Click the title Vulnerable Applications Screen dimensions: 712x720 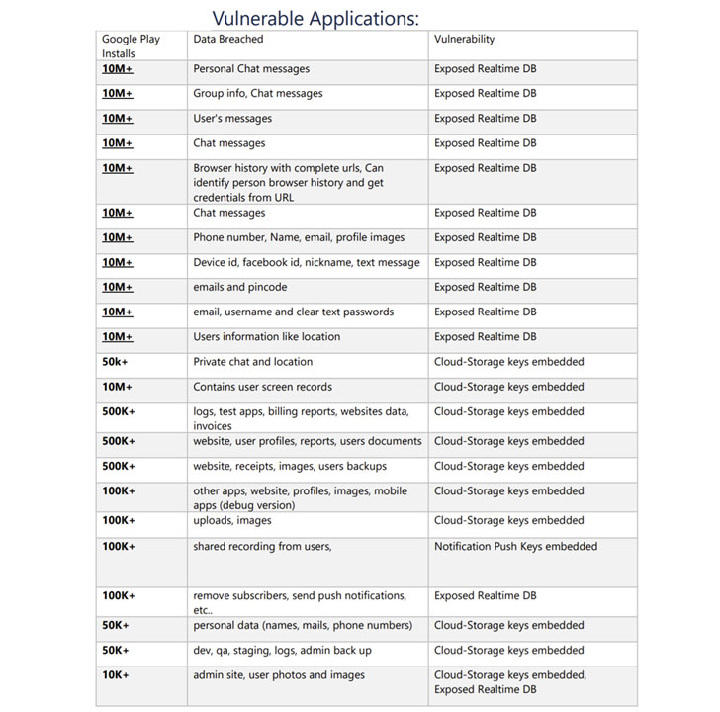pos(315,18)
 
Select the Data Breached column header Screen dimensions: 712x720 pos(228,40)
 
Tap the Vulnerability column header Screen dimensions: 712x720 pos(464,40)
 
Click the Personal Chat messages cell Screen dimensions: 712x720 pos(251,69)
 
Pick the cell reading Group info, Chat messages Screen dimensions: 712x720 pos(258,94)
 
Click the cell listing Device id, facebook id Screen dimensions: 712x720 pos(307,262)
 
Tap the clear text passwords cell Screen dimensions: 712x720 pos(294,311)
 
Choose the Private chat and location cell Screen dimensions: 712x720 pos(253,362)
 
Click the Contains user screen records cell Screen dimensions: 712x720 pos(263,387)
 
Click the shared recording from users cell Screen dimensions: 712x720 pos(262,546)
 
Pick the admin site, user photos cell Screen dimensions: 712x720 pos(279,675)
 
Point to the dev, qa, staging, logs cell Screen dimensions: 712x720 pos(283,650)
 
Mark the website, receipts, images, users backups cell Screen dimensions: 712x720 pos(290,466)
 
